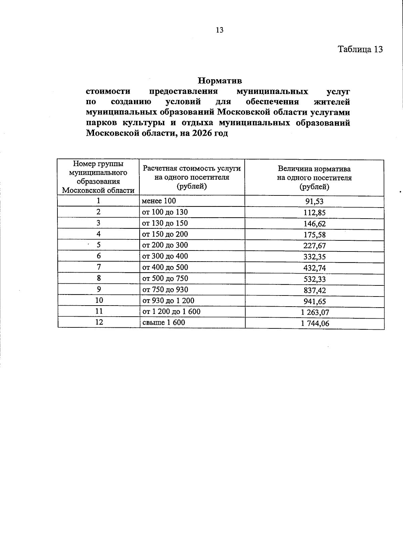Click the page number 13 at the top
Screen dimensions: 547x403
[219, 30]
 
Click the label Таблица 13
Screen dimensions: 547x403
[360, 49]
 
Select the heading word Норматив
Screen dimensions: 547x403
[220, 81]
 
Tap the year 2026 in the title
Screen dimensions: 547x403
[203, 133]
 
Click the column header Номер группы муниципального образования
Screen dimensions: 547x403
[98, 177]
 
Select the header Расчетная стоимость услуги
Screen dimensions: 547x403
[192, 169]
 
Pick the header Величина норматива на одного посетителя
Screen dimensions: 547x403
[314, 178]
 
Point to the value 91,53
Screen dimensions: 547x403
[314, 202]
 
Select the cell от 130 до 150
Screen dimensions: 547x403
[165, 223]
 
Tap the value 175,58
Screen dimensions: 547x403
[314, 235]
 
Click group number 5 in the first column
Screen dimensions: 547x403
[99, 245]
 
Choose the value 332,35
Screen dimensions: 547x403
[314, 257]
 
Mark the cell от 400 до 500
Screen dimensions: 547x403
[165, 267]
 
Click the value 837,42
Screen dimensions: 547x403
[314, 290]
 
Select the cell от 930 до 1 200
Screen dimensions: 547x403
[168, 301]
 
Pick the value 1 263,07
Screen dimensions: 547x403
[315, 312]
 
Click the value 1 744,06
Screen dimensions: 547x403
[315, 323]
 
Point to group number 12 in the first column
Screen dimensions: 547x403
[99, 322]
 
